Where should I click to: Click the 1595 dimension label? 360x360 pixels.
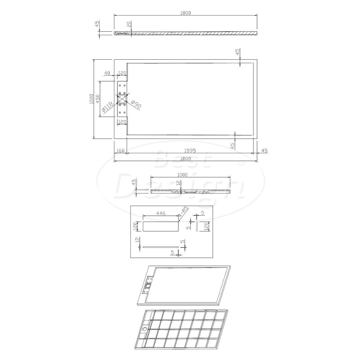(190, 151)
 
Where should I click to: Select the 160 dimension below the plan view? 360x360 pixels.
(121, 151)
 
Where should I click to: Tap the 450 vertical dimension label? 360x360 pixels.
(98, 99)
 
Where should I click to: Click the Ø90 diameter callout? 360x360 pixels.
(136, 105)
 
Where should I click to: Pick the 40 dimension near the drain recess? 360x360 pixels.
(107, 73)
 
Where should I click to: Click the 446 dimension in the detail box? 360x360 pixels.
(161, 213)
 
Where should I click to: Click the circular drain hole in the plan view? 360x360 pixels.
(122, 99)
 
